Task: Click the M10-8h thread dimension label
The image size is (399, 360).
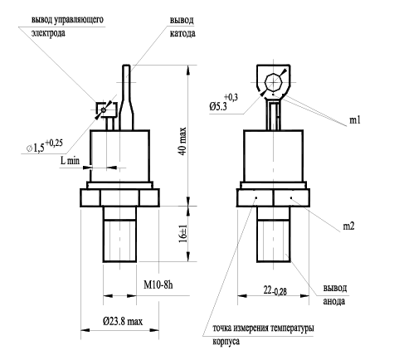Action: [x=158, y=285]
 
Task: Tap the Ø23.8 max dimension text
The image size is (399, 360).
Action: [x=123, y=321]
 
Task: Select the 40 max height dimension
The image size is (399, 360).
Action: [x=182, y=141]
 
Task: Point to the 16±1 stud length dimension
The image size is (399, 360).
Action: [x=182, y=233]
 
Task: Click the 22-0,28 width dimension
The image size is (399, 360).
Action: [x=275, y=290]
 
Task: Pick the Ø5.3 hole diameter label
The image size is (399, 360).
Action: [x=223, y=102]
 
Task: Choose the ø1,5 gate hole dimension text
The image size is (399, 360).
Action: [x=45, y=146]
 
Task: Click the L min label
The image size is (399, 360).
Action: [x=70, y=160]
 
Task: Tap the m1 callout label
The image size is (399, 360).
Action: [x=355, y=120]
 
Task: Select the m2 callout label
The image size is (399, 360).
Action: [x=348, y=226]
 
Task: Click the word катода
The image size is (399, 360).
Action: [x=182, y=33]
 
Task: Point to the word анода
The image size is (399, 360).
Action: [x=334, y=301]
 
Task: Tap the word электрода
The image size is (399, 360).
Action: [x=48, y=33]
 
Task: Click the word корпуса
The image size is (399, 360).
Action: [x=226, y=341]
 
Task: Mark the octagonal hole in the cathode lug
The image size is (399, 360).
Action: [x=274, y=82]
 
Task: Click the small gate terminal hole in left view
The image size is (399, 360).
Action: [x=104, y=110]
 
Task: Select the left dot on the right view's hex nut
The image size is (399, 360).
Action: [x=256, y=197]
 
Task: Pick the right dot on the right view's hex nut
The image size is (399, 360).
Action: [x=291, y=197]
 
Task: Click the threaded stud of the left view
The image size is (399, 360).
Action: [x=119, y=234]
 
